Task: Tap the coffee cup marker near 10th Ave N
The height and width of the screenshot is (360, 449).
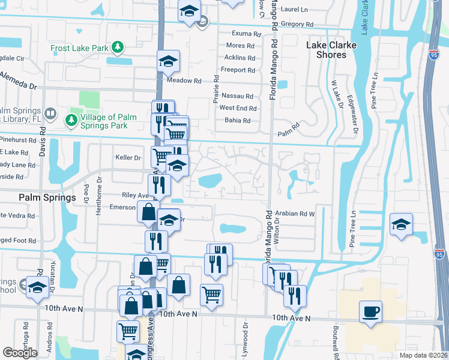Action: (x=370, y=311)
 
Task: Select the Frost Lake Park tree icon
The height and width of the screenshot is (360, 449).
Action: (x=118, y=47)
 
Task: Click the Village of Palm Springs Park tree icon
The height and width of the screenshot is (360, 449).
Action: (x=71, y=121)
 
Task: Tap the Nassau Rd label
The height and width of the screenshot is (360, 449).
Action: (x=237, y=96)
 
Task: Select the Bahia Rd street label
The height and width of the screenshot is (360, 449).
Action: (x=237, y=121)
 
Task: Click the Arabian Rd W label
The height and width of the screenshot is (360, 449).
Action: (x=295, y=213)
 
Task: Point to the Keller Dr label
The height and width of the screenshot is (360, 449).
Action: (x=127, y=158)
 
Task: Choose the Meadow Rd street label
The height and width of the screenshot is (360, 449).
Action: (x=184, y=80)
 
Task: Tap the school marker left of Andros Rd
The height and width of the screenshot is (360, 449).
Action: (x=37, y=287)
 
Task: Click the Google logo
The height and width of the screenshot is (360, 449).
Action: (x=20, y=352)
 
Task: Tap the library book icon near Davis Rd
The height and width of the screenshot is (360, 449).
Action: (x=51, y=113)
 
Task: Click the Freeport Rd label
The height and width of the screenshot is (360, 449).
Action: (x=238, y=70)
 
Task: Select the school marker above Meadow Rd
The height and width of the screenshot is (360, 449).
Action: (x=169, y=61)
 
